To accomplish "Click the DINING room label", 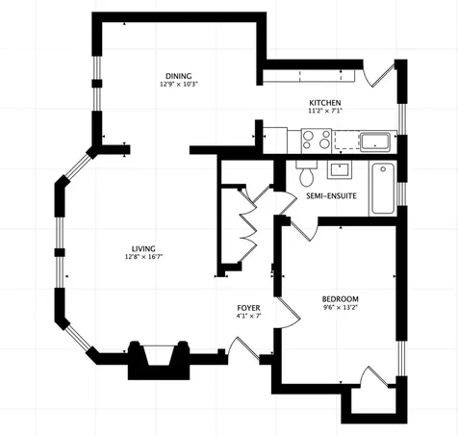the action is pyautogui.click(x=179, y=76).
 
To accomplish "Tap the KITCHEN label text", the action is pyautogui.click(x=325, y=103).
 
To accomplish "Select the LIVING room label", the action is pyautogui.click(x=143, y=249).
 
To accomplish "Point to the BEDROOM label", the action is pyautogui.click(x=341, y=299).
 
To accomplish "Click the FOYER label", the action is pyautogui.click(x=248, y=308).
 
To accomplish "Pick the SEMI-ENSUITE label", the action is pyautogui.click(x=331, y=196).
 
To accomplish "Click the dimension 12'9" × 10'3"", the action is pyautogui.click(x=179, y=85).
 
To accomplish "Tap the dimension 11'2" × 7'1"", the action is pyautogui.click(x=325, y=112).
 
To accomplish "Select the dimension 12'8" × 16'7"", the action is pyautogui.click(x=144, y=257).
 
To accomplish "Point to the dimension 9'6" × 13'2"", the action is pyautogui.click(x=341, y=307).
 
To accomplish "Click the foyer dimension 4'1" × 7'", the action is pyautogui.click(x=249, y=316).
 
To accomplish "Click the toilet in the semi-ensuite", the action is pyautogui.click(x=307, y=173).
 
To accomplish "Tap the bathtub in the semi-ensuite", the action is pyautogui.click(x=383, y=189).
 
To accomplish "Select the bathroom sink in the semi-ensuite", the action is pyautogui.click(x=340, y=170).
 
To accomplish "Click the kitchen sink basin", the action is pyautogui.click(x=375, y=142).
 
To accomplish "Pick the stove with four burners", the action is pyautogui.click(x=317, y=141).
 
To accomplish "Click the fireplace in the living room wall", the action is pyautogui.click(x=159, y=360).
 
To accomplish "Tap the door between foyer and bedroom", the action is pyautogui.click(x=289, y=312).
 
